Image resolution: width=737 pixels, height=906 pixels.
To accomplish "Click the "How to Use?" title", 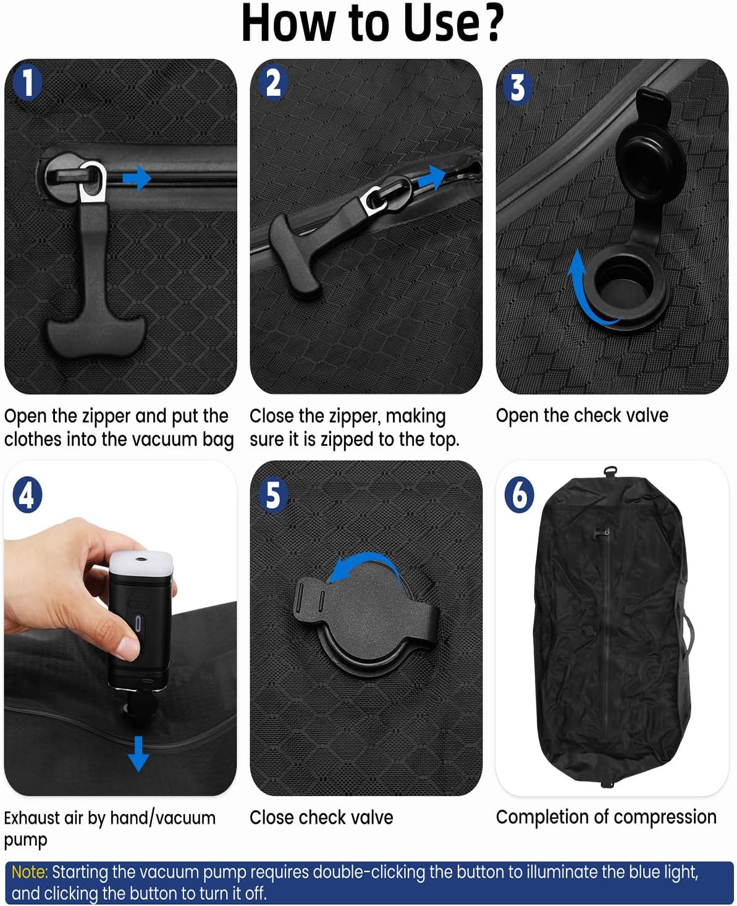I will tap(373, 23).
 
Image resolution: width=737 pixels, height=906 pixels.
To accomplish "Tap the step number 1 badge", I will tap(27, 83).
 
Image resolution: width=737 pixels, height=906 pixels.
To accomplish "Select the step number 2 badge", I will tap(272, 83).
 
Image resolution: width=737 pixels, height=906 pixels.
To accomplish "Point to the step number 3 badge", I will tap(518, 88).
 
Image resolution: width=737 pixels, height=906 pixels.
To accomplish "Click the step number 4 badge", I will tap(27, 495).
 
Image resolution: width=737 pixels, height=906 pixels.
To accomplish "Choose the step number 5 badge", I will tap(272, 495).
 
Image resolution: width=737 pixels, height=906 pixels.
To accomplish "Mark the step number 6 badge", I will tap(519, 495).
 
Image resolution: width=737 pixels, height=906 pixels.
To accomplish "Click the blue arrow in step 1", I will tap(137, 179).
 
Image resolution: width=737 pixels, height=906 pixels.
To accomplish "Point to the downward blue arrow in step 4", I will tap(138, 753).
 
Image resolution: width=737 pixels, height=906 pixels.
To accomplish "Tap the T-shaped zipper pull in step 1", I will tap(93, 296).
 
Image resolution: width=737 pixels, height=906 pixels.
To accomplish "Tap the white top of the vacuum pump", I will tap(142, 562).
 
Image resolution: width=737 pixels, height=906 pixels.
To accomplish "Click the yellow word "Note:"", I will tap(30, 872).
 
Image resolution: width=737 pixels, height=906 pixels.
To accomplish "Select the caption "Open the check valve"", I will tap(582, 416).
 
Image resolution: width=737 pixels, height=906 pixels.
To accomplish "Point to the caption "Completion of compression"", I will tap(606, 817).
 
